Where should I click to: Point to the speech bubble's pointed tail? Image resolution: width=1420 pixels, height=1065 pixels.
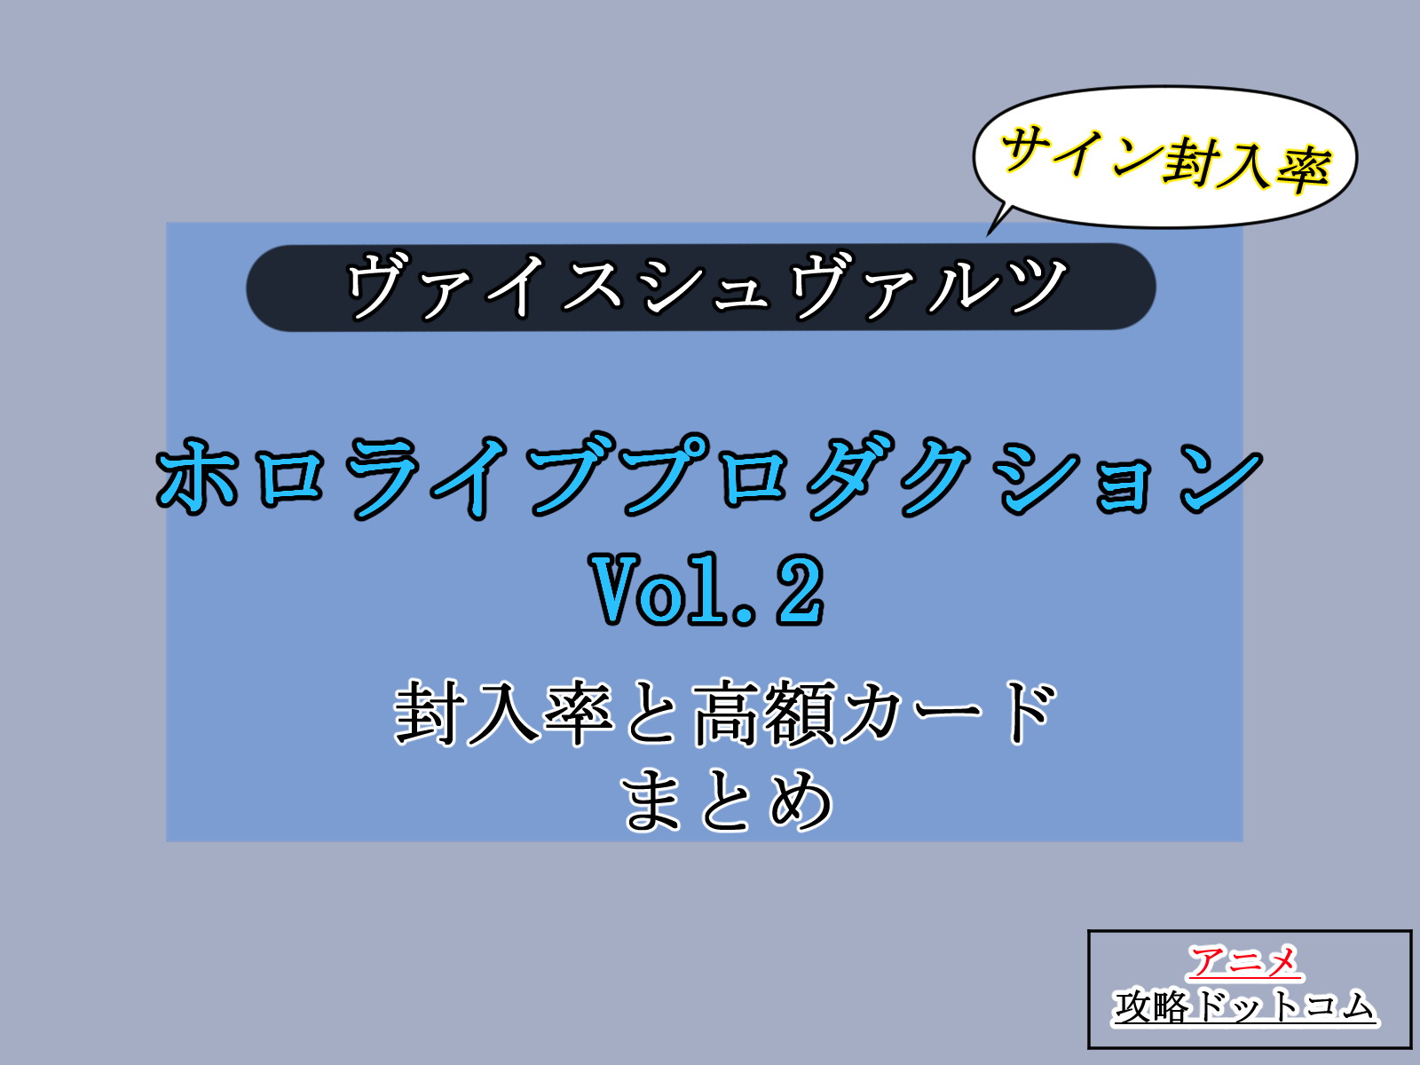(998, 221)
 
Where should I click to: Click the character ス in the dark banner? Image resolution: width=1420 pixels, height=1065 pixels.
(592, 285)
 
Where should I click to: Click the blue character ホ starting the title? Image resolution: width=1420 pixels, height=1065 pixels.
(196, 477)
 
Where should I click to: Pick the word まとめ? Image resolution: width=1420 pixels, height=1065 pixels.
(729, 801)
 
